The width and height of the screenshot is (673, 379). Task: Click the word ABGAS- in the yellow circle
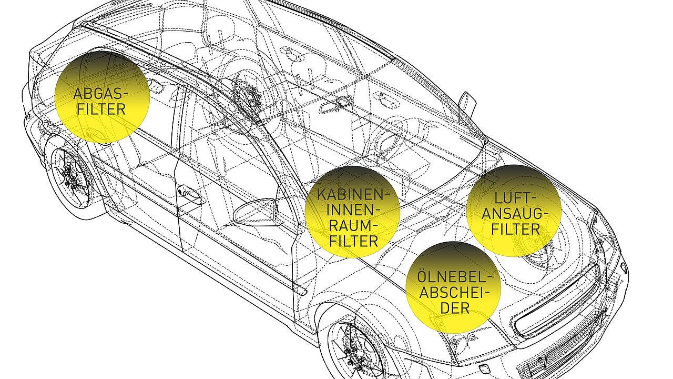(100, 94)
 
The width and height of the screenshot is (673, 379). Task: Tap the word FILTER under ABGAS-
(100, 109)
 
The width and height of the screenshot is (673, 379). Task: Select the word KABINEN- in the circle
(353, 195)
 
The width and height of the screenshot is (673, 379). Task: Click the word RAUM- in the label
(353, 226)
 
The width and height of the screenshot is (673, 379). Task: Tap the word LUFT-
(515, 198)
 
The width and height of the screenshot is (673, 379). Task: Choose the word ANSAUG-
(515, 214)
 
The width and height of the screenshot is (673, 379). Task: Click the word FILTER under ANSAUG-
(515, 230)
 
